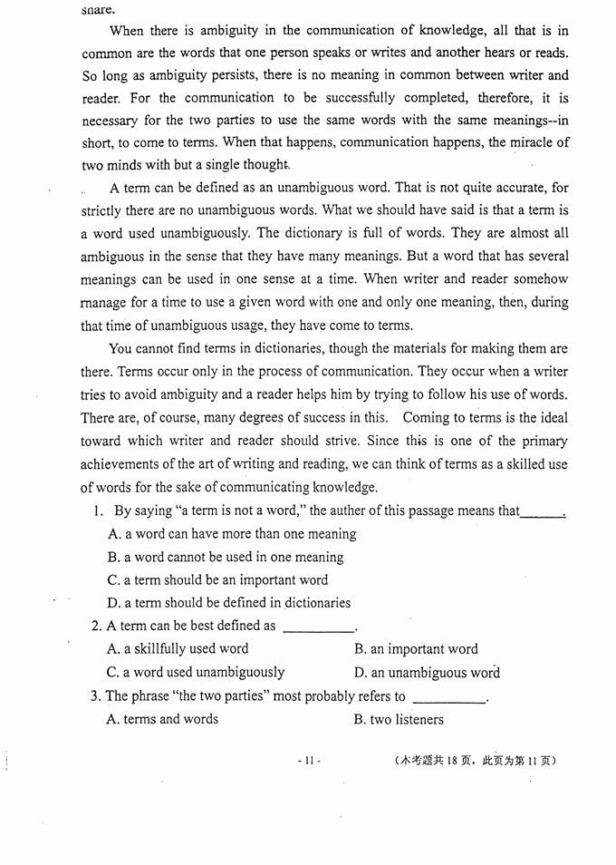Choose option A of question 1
231,534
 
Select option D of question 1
228,603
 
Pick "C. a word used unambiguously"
196,673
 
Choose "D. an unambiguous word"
427,673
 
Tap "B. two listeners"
399,720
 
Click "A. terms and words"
162,720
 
